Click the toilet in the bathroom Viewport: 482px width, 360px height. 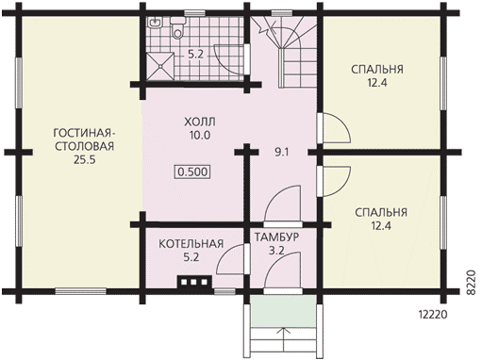(x=177, y=27)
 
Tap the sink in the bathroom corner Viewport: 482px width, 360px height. (x=154, y=23)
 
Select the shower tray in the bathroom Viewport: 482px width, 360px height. (x=160, y=66)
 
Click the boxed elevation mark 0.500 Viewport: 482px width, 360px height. (x=192, y=172)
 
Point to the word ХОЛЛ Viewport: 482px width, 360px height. (x=200, y=122)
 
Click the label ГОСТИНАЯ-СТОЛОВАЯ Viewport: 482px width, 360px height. (x=84, y=139)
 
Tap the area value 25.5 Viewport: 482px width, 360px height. (x=84, y=160)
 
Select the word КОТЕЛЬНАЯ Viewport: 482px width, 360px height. (x=191, y=244)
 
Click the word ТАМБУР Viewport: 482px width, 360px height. (x=276, y=237)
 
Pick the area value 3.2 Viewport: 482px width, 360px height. (x=276, y=251)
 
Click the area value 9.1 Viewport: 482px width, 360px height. (x=282, y=153)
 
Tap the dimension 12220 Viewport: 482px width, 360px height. (x=433, y=315)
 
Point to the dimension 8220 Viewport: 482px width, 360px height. (x=471, y=282)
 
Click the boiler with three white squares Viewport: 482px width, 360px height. (x=194, y=282)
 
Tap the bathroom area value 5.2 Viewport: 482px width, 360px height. (x=195, y=55)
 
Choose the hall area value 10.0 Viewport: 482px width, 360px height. (x=200, y=136)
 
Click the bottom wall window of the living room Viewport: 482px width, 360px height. (x=81, y=291)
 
